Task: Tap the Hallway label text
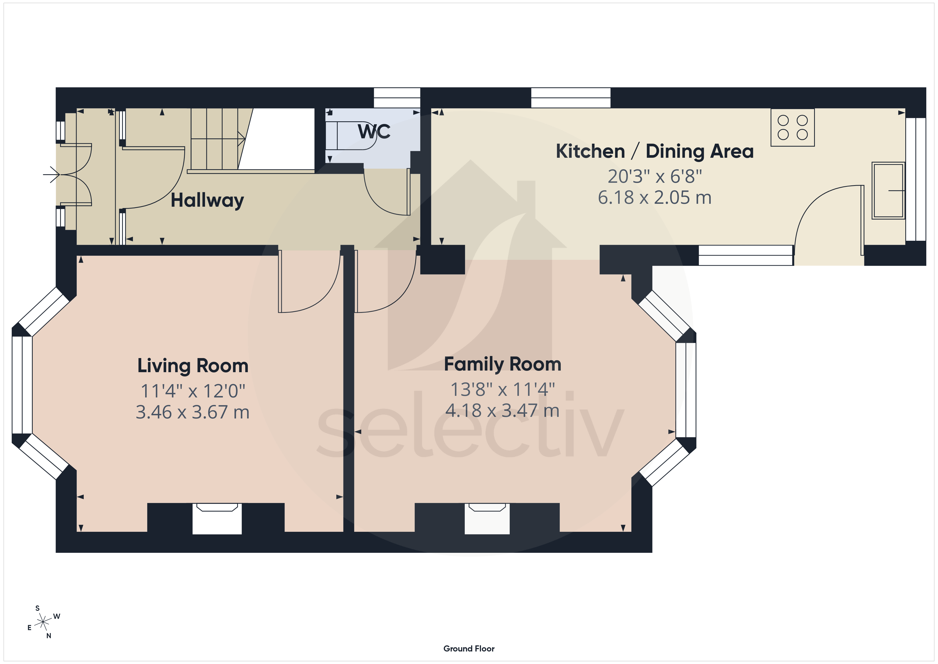(x=207, y=200)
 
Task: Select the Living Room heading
(x=193, y=366)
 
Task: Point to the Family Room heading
(x=502, y=364)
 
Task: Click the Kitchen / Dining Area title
(x=655, y=151)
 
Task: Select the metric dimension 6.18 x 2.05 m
(x=655, y=197)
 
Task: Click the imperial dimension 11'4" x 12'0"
(x=193, y=391)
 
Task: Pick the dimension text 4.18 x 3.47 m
(x=502, y=410)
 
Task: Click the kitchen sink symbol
(x=888, y=190)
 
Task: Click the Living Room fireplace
(x=217, y=518)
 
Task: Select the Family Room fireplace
(x=487, y=518)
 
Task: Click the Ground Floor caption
(x=469, y=649)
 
